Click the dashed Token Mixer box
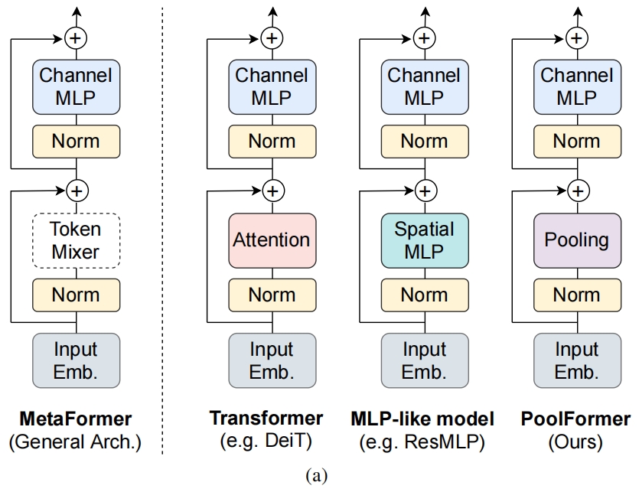point(76,240)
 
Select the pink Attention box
point(271,240)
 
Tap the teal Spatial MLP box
point(424,240)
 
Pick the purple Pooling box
point(576,240)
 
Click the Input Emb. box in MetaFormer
point(76,360)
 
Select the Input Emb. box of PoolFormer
point(576,360)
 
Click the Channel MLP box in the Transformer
point(271,86)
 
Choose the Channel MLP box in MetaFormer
point(76,86)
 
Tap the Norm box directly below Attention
point(271,295)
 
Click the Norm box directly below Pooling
point(576,295)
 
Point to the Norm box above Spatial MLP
point(424,142)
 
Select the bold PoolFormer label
point(576,419)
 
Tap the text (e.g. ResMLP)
point(422,441)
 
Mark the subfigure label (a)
point(316,476)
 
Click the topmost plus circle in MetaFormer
point(76,36)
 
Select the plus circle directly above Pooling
point(579,189)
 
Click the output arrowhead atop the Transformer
point(271,10)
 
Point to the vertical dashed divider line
point(162,230)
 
